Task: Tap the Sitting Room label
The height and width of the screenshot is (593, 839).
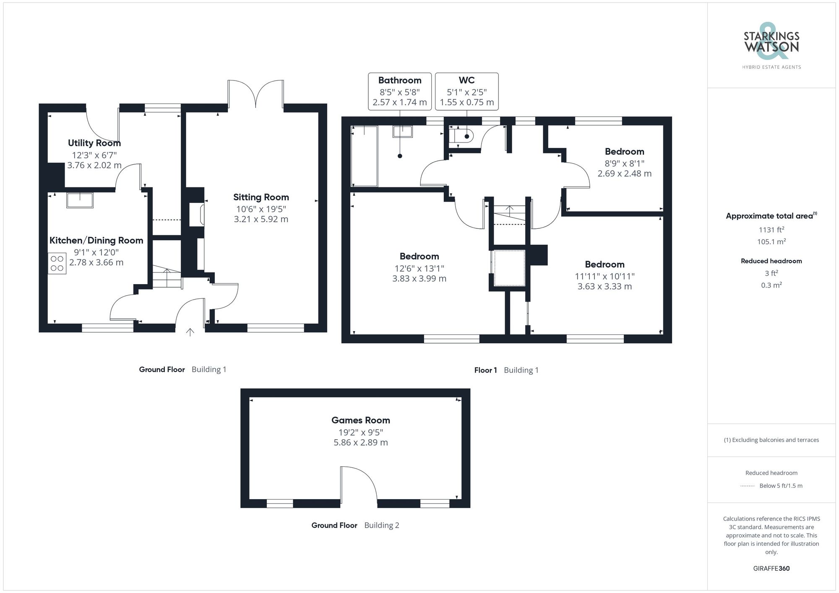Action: (261, 197)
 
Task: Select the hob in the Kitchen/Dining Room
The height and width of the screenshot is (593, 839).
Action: (57, 263)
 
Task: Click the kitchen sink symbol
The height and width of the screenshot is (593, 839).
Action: (80, 200)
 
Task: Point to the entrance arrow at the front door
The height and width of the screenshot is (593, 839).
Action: (190, 332)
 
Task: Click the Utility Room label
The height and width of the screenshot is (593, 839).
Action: (94, 143)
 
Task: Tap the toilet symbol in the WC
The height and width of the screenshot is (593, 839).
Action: (461, 136)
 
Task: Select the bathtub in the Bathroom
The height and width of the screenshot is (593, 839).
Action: (364, 156)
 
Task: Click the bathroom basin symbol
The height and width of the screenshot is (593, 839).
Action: (402, 132)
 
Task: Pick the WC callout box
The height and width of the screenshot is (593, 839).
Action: (466, 91)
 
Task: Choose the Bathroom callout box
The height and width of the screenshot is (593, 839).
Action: (399, 91)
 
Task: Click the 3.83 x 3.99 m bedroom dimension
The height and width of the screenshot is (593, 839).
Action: (419, 279)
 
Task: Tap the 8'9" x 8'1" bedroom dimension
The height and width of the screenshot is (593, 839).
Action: (624, 163)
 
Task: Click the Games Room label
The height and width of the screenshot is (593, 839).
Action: (360, 420)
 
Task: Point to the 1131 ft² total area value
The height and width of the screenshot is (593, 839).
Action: (771, 230)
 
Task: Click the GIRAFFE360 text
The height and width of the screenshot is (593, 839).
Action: (771, 568)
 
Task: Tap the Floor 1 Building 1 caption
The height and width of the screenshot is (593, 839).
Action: (506, 370)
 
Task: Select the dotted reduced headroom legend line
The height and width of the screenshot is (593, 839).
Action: (748, 486)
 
